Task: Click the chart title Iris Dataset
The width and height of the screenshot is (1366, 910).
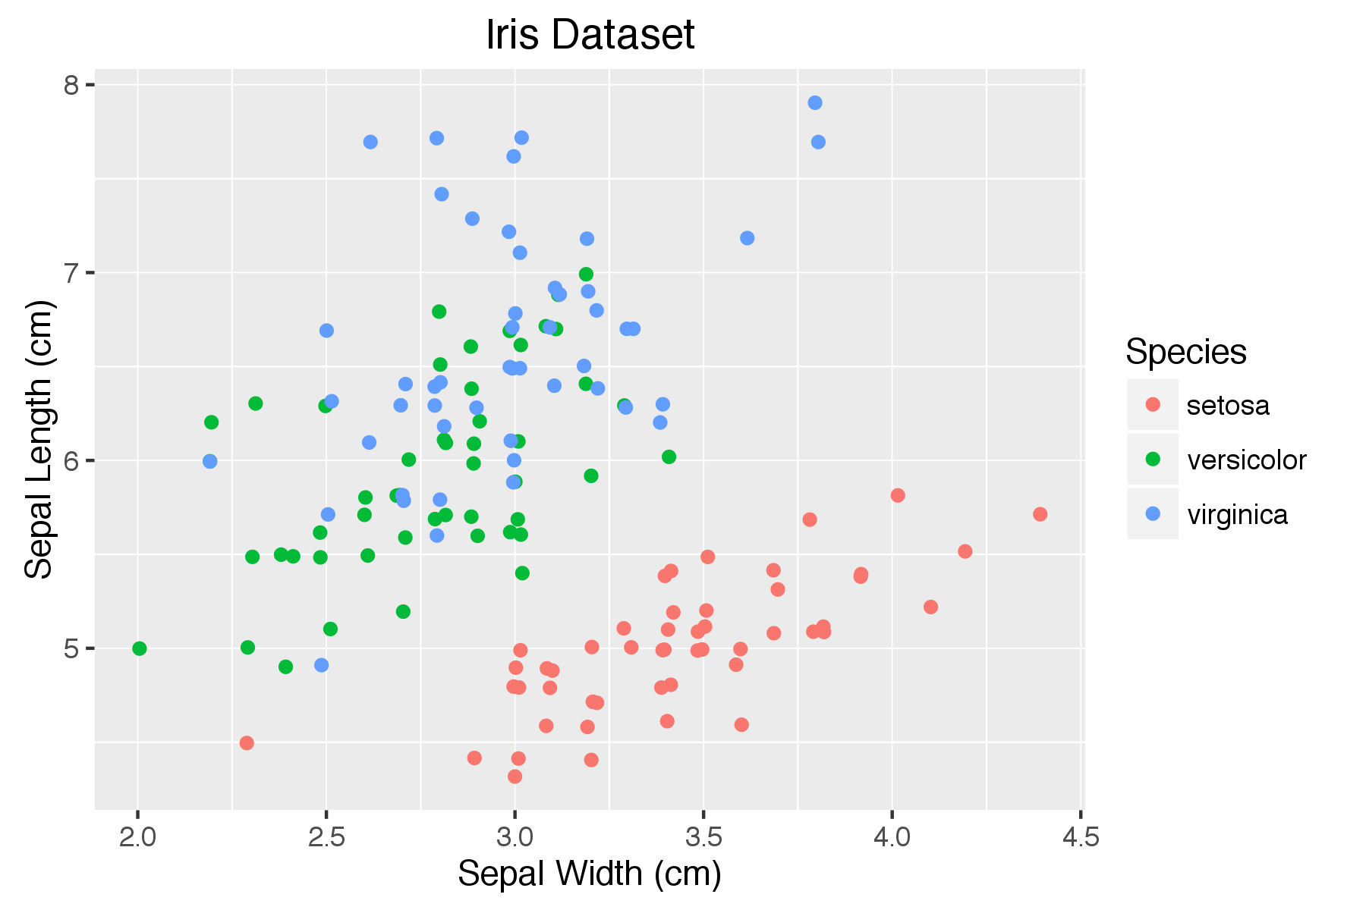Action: pyautogui.click(x=590, y=35)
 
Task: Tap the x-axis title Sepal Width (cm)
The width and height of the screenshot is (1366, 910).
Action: pyautogui.click(x=590, y=874)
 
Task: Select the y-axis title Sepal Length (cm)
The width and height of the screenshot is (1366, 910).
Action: pyautogui.click(x=39, y=439)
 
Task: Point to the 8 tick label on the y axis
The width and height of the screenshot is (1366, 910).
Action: pyautogui.click(x=71, y=85)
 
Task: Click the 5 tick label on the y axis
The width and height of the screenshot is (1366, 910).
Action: pyautogui.click(x=71, y=649)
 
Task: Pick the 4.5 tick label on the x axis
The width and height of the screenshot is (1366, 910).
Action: pyautogui.click(x=1080, y=837)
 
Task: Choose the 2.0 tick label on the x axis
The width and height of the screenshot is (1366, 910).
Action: pyautogui.click(x=137, y=837)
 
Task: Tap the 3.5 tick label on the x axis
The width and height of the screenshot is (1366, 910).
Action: pyautogui.click(x=703, y=837)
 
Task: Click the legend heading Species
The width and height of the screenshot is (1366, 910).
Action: pyautogui.click(x=1185, y=352)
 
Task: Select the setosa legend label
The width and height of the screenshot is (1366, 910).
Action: pyautogui.click(x=1227, y=406)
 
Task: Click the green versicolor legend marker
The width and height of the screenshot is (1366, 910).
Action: pyautogui.click(x=1153, y=459)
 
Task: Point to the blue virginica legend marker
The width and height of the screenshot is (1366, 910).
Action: pyautogui.click(x=1153, y=513)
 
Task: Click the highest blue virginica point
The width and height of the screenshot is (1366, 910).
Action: pyautogui.click(x=815, y=102)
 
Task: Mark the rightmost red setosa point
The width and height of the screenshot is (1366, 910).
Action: pyautogui.click(x=1040, y=514)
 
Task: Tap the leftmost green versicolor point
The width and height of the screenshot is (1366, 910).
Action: pyautogui.click(x=139, y=648)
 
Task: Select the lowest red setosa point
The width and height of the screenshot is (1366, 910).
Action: pyautogui.click(x=515, y=777)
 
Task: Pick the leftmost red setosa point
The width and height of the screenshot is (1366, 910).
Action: pyautogui.click(x=247, y=742)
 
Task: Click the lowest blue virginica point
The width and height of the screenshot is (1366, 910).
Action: pyautogui.click(x=322, y=665)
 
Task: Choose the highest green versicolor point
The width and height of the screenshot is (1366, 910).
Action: pyautogui.click(x=586, y=274)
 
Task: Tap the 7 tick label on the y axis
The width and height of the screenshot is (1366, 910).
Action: pyautogui.click(x=71, y=273)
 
